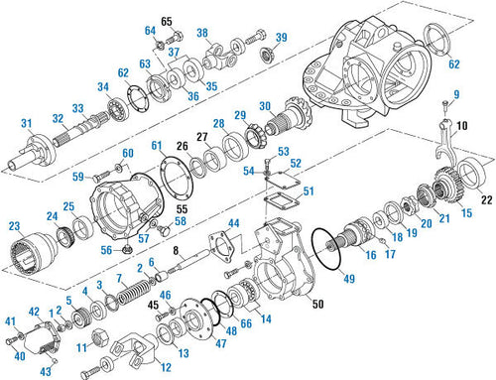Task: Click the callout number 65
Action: click(166, 20)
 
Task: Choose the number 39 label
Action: click(281, 38)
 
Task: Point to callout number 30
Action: click(264, 106)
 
